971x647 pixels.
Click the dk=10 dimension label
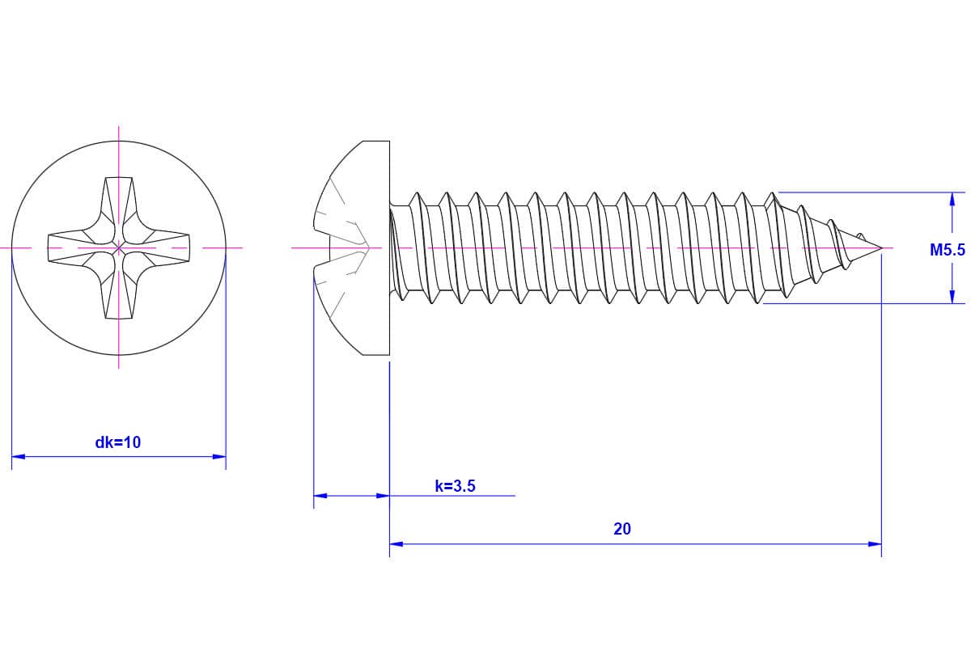coord(118,442)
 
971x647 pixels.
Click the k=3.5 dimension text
coord(456,486)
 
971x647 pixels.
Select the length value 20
coord(622,529)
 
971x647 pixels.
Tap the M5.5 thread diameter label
coord(948,251)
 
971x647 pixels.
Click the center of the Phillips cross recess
coord(119,247)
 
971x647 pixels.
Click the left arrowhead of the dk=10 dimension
coord(18,457)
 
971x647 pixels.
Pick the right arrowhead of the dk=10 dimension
coord(219,457)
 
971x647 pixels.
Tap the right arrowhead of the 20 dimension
coord(875,544)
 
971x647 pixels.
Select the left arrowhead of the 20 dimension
coord(396,544)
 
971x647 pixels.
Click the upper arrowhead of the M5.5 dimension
coord(952,198)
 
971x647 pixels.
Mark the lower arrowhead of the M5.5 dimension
coord(952,298)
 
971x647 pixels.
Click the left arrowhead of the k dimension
coord(320,496)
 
